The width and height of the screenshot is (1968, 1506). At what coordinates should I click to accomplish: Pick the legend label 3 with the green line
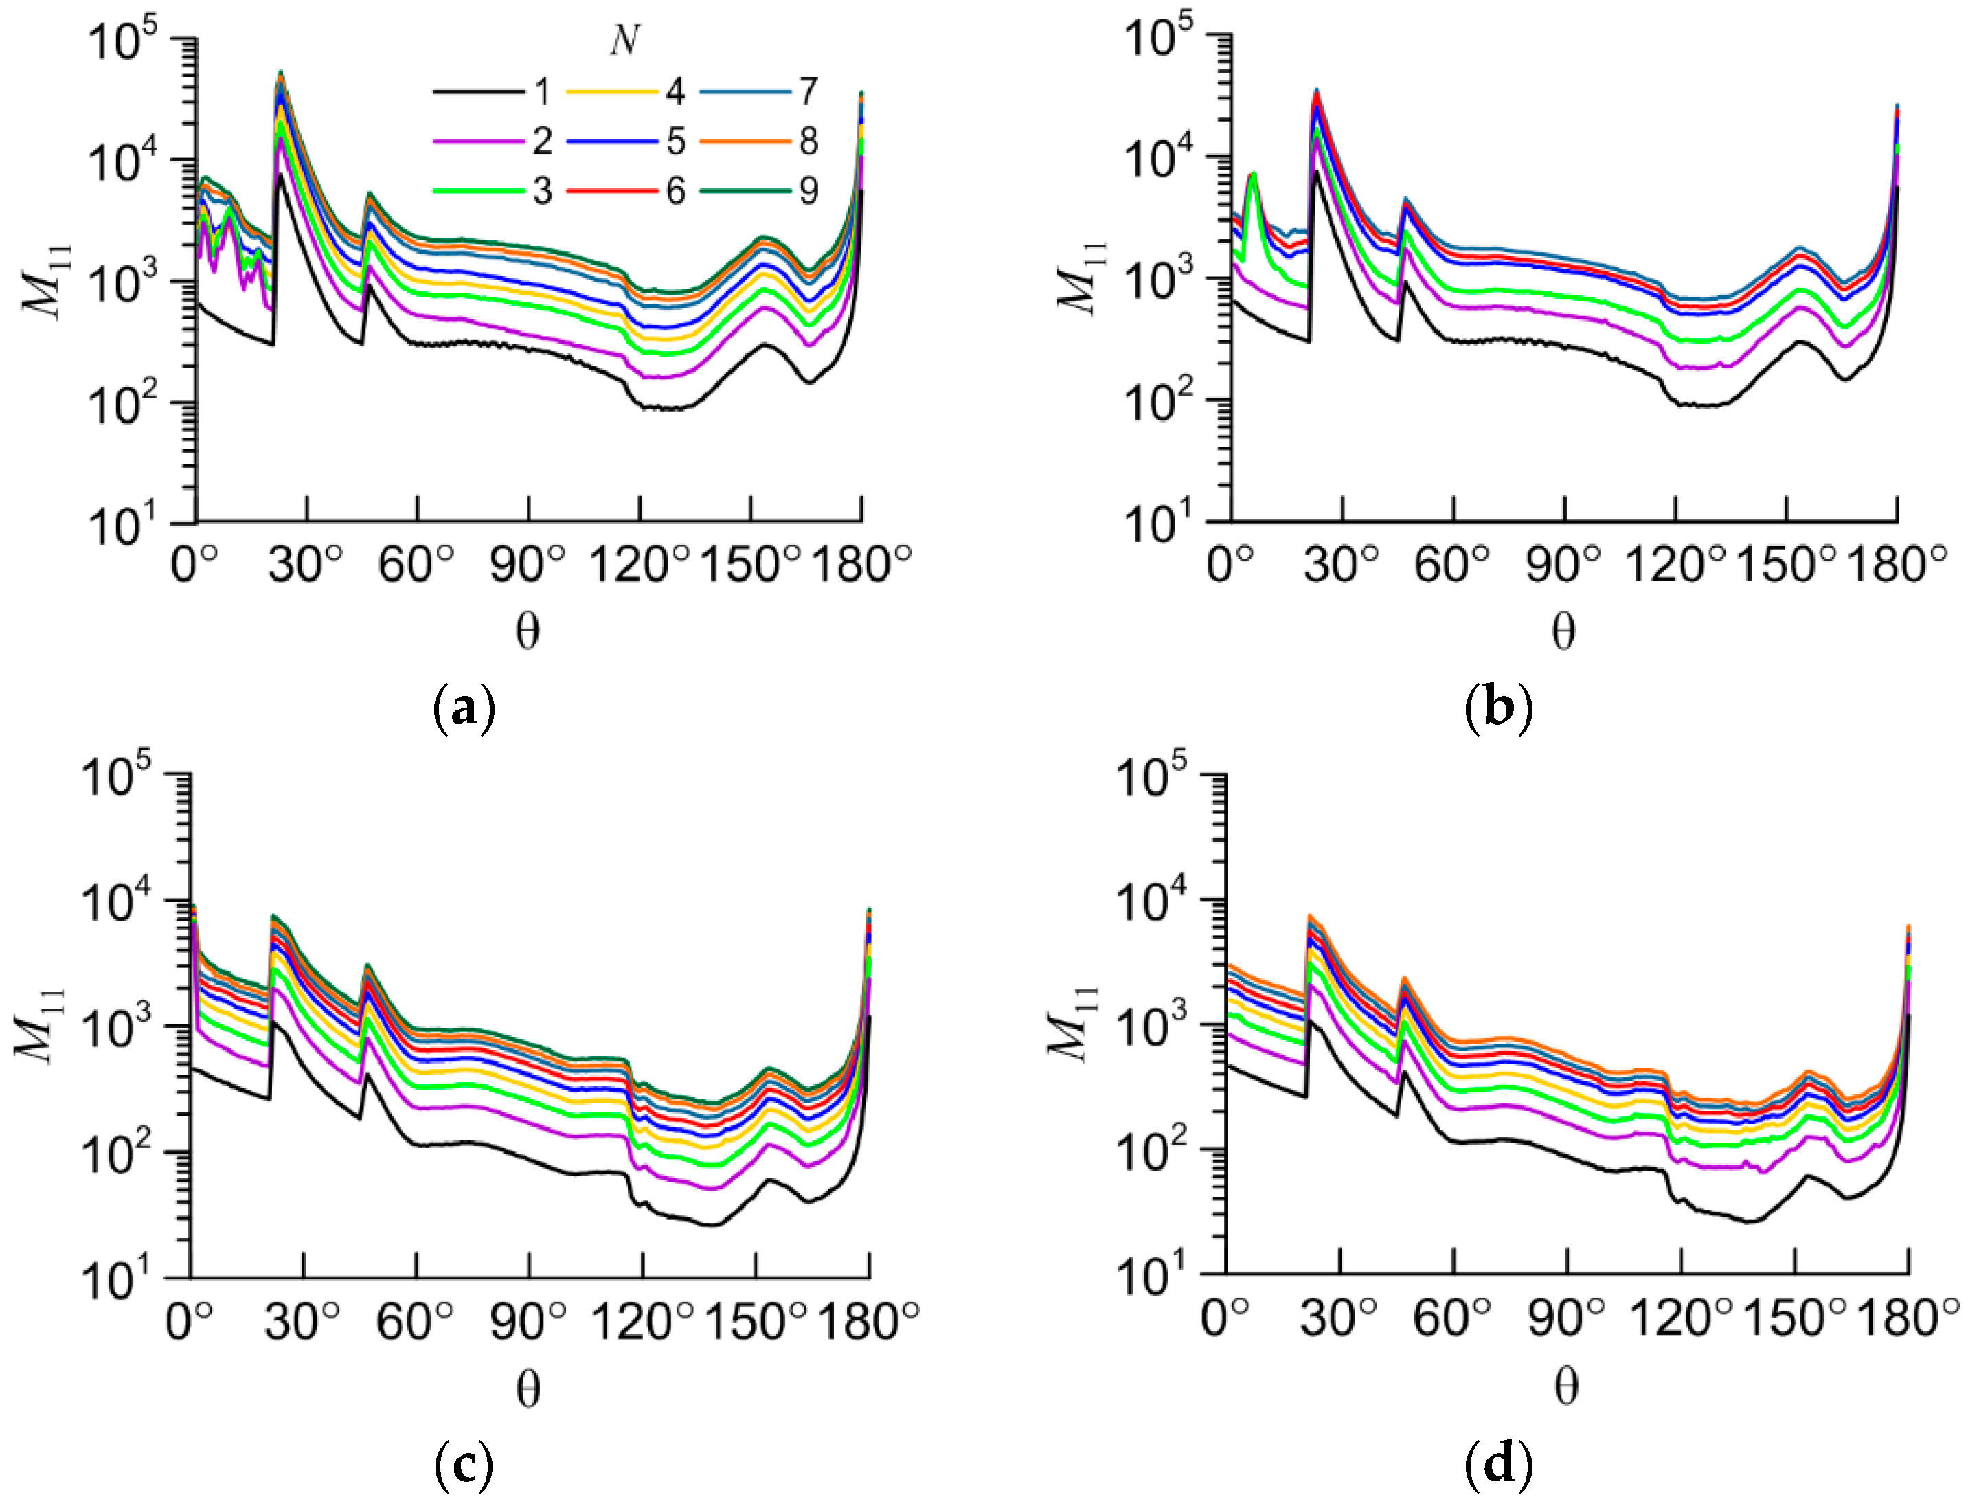pos(541,191)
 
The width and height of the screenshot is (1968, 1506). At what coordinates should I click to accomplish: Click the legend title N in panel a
pos(624,41)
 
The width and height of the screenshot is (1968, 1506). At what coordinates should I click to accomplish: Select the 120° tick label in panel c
pos(642,1320)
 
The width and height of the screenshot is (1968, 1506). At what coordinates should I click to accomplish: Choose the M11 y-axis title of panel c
pos(41,1024)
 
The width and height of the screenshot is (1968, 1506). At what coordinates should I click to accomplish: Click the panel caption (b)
pos(1497,707)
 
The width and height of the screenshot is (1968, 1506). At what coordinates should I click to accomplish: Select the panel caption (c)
pos(464,1465)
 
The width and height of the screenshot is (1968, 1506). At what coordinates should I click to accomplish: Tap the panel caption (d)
pos(1497,1465)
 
